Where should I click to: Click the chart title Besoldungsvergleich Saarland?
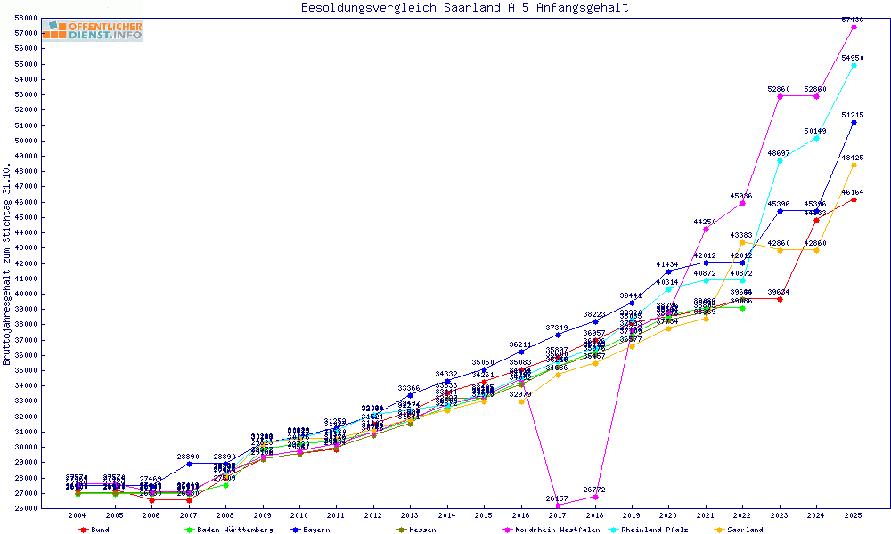465,8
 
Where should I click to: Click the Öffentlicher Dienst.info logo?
92,31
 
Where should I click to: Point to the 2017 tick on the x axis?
558,515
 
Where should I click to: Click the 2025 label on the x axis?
854,515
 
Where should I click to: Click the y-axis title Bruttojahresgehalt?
8,263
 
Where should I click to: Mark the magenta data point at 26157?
558,506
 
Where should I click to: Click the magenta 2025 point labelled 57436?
854,27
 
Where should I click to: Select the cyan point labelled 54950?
854,65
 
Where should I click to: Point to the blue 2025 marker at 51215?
854,122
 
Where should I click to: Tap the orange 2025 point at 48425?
854,165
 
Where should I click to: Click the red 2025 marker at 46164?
854,199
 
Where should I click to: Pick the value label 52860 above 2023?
780,89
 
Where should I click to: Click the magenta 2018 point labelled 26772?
595,497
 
